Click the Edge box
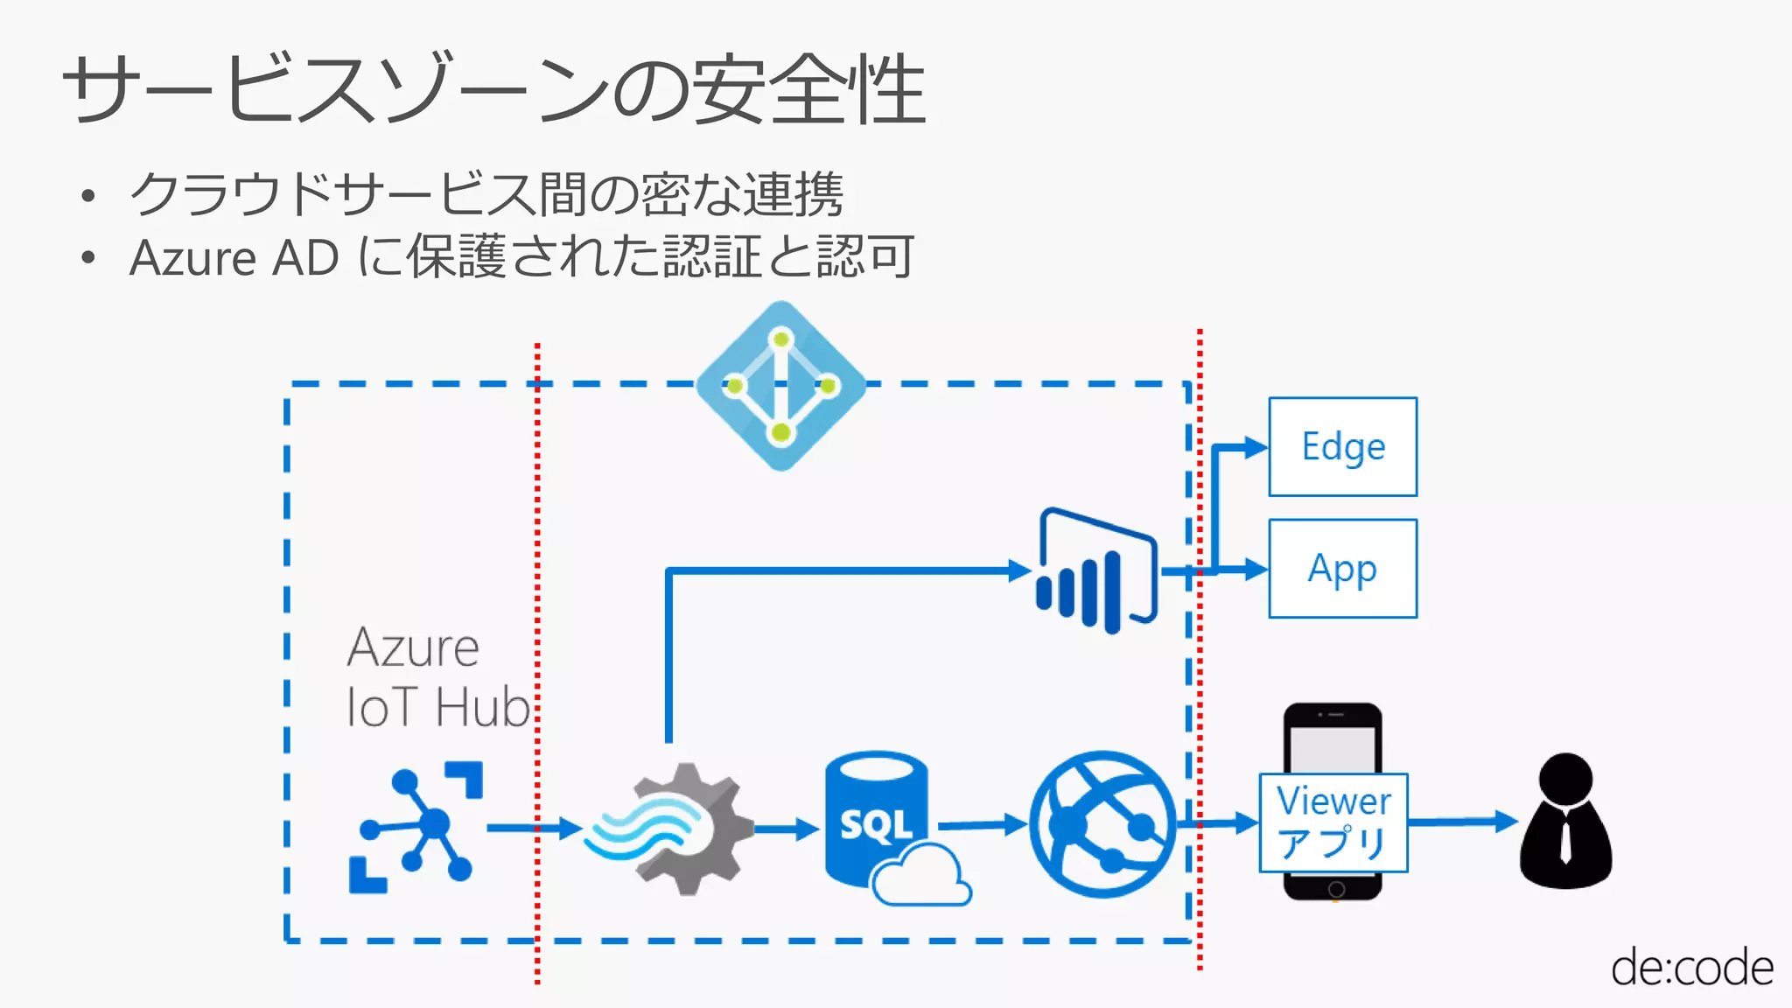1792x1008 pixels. coord(1342,447)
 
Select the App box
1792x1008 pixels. coord(1342,569)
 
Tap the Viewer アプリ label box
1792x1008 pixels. coord(1333,822)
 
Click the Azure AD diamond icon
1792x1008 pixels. coord(780,386)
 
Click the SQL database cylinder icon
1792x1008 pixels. coord(878,821)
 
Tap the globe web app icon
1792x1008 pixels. coord(1102,823)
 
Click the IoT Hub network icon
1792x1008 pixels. coord(416,827)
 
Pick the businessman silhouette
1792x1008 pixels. coord(1565,822)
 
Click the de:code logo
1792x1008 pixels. coord(1691,968)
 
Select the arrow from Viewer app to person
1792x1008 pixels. coord(1461,822)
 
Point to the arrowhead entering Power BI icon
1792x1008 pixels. coord(1020,570)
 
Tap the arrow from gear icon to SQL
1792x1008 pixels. coord(785,828)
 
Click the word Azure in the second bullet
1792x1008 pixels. coord(192,258)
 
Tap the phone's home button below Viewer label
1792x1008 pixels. coord(1335,889)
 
